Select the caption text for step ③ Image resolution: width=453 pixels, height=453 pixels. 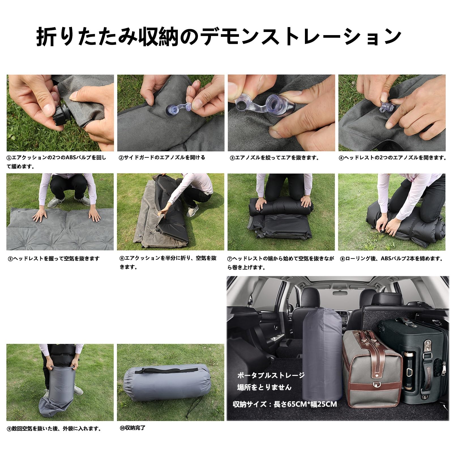pos(274,158)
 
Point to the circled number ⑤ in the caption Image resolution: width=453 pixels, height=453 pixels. pos(10,259)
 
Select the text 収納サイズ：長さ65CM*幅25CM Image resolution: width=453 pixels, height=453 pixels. pos(285,404)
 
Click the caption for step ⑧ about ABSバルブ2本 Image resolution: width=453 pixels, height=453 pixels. pos(392,258)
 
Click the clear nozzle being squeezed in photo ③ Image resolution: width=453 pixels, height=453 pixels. pos(263,102)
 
